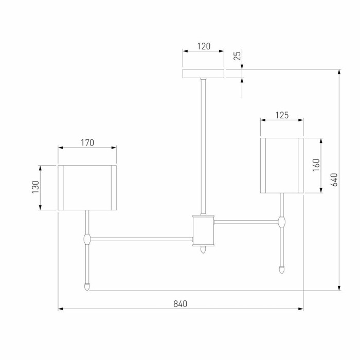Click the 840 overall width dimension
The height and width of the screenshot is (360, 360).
coord(180,303)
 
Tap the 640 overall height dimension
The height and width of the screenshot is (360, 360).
coord(333,179)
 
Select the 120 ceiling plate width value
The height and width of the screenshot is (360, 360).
coord(204,46)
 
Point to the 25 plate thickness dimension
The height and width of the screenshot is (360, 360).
coord(237,56)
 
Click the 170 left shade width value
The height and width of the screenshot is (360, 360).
coord(87,143)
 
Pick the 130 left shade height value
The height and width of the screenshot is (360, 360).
coord(35,187)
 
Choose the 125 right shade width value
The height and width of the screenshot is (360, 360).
coord(282,115)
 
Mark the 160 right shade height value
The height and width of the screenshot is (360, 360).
coord(316,165)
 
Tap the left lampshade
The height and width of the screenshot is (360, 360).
coord(87,187)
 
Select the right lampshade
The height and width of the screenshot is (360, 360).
coord(282,165)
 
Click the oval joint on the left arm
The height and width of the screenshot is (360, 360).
coord(87,239)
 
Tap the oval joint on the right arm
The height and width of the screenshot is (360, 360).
coord(282,222)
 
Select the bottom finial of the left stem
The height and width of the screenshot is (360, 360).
coord(87,285)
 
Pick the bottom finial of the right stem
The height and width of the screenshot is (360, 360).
coord(282,269)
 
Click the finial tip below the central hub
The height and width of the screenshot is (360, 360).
coord(203,250)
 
